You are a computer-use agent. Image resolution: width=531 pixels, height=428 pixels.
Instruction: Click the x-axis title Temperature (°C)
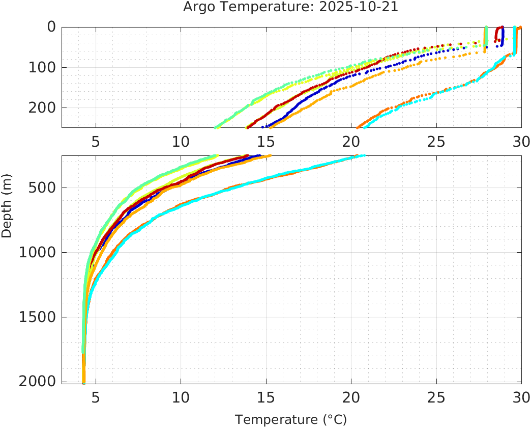pos(290,420)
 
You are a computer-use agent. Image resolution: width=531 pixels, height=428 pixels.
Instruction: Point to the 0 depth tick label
pos(51,26)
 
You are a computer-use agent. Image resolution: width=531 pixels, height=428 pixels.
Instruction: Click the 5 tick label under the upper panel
pos(96,141)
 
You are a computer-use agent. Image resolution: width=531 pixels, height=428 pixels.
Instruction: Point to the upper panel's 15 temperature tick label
pos(265,141)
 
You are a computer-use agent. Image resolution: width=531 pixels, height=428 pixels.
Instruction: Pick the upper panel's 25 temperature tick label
pos(436,141)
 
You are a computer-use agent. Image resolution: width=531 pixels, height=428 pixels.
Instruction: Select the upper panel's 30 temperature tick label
pos(520,141)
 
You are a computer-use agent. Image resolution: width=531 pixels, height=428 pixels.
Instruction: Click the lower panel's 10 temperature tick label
pos(181,397)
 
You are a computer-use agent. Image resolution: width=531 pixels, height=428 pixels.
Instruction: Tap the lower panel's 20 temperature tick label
pos(351,397)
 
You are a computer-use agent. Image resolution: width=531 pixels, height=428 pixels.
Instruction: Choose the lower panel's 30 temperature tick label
pos(520,397)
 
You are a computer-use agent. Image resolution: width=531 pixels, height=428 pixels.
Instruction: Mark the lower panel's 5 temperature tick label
pos(96,397)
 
